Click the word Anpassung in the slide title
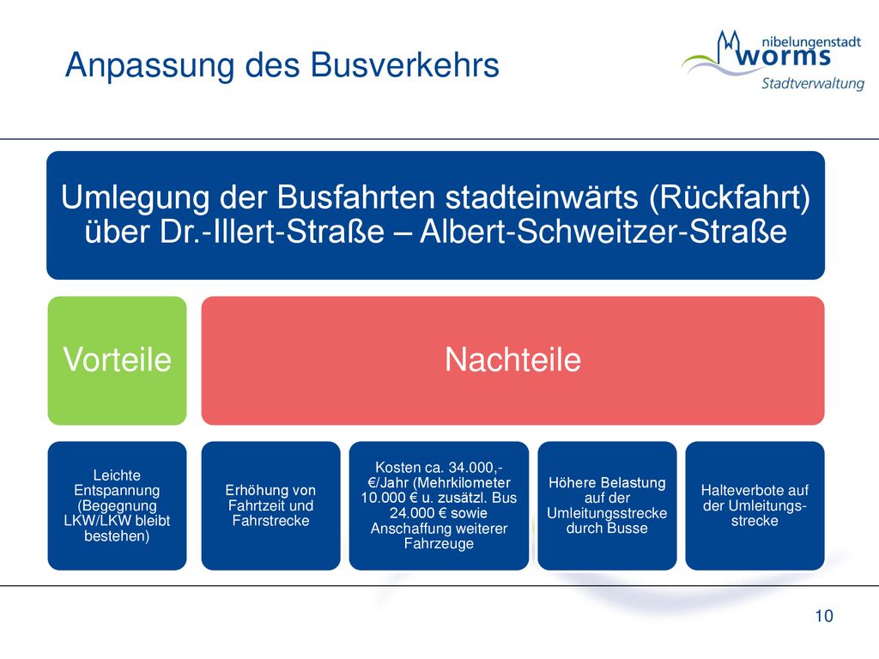(x=149, y=65)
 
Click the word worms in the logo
(x=783, y=57)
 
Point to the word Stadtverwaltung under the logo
(x=812, y=83)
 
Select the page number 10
(x=824, y=616)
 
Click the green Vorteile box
(x=117, y=360)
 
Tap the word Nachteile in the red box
(x=513, y=360)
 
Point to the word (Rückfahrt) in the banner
(x=730, y=198)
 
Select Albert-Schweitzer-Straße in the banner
(x=603, y=232)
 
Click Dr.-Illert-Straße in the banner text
(x=272, y=232)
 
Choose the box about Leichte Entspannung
(x=117, y=505)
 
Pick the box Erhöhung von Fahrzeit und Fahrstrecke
(x=270, y=505)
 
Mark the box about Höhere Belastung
(x=607, y=505)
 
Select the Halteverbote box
(x=755, y=505)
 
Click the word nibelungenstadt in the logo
(x=811, y=43)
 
